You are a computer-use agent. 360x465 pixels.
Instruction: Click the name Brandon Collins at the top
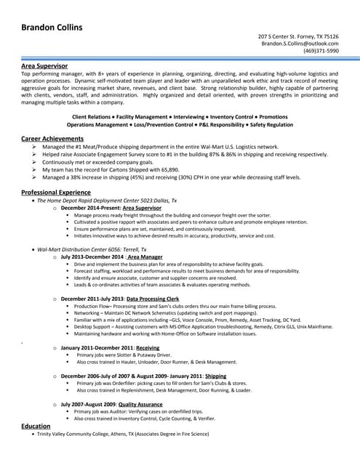(x=51, y=28)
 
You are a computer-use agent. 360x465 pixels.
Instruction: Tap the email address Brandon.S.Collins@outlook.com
(x=300, y=44)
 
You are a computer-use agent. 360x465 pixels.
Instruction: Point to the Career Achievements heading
(x=52, y=138)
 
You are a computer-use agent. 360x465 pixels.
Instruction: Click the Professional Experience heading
(x=60, y=192)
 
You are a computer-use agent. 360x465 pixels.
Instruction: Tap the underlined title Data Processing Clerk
(x=153, y=299)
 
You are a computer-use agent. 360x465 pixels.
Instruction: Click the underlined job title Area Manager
(x=145, y=256)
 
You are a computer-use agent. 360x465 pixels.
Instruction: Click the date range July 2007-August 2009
(x=87, y=404)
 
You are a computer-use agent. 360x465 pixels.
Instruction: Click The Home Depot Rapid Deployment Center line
(x=106, y=200)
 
